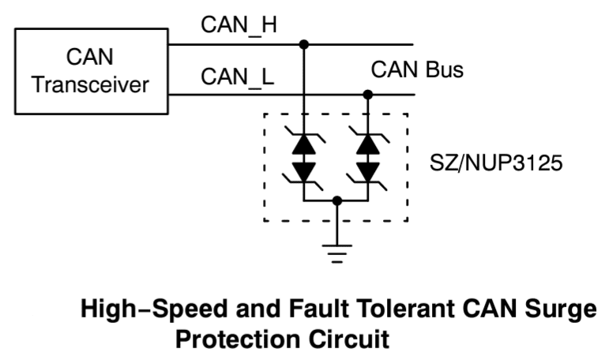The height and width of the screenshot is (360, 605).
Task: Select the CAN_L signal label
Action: pyautogui.click(x=236, y=78)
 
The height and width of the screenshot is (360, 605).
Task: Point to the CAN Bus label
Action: pyautogui.click(x=417, y=70)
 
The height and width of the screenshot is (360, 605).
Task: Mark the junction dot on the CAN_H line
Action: pyautogui.click(x=304, y=45)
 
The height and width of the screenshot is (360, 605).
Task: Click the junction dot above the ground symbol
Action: pyautogui.click(x=337, y=201)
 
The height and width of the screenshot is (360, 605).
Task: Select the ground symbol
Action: pyautogui.click(x=337, y=252)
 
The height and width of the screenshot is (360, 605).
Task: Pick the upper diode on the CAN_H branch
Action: pyautogui.click(x=304, y=144)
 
